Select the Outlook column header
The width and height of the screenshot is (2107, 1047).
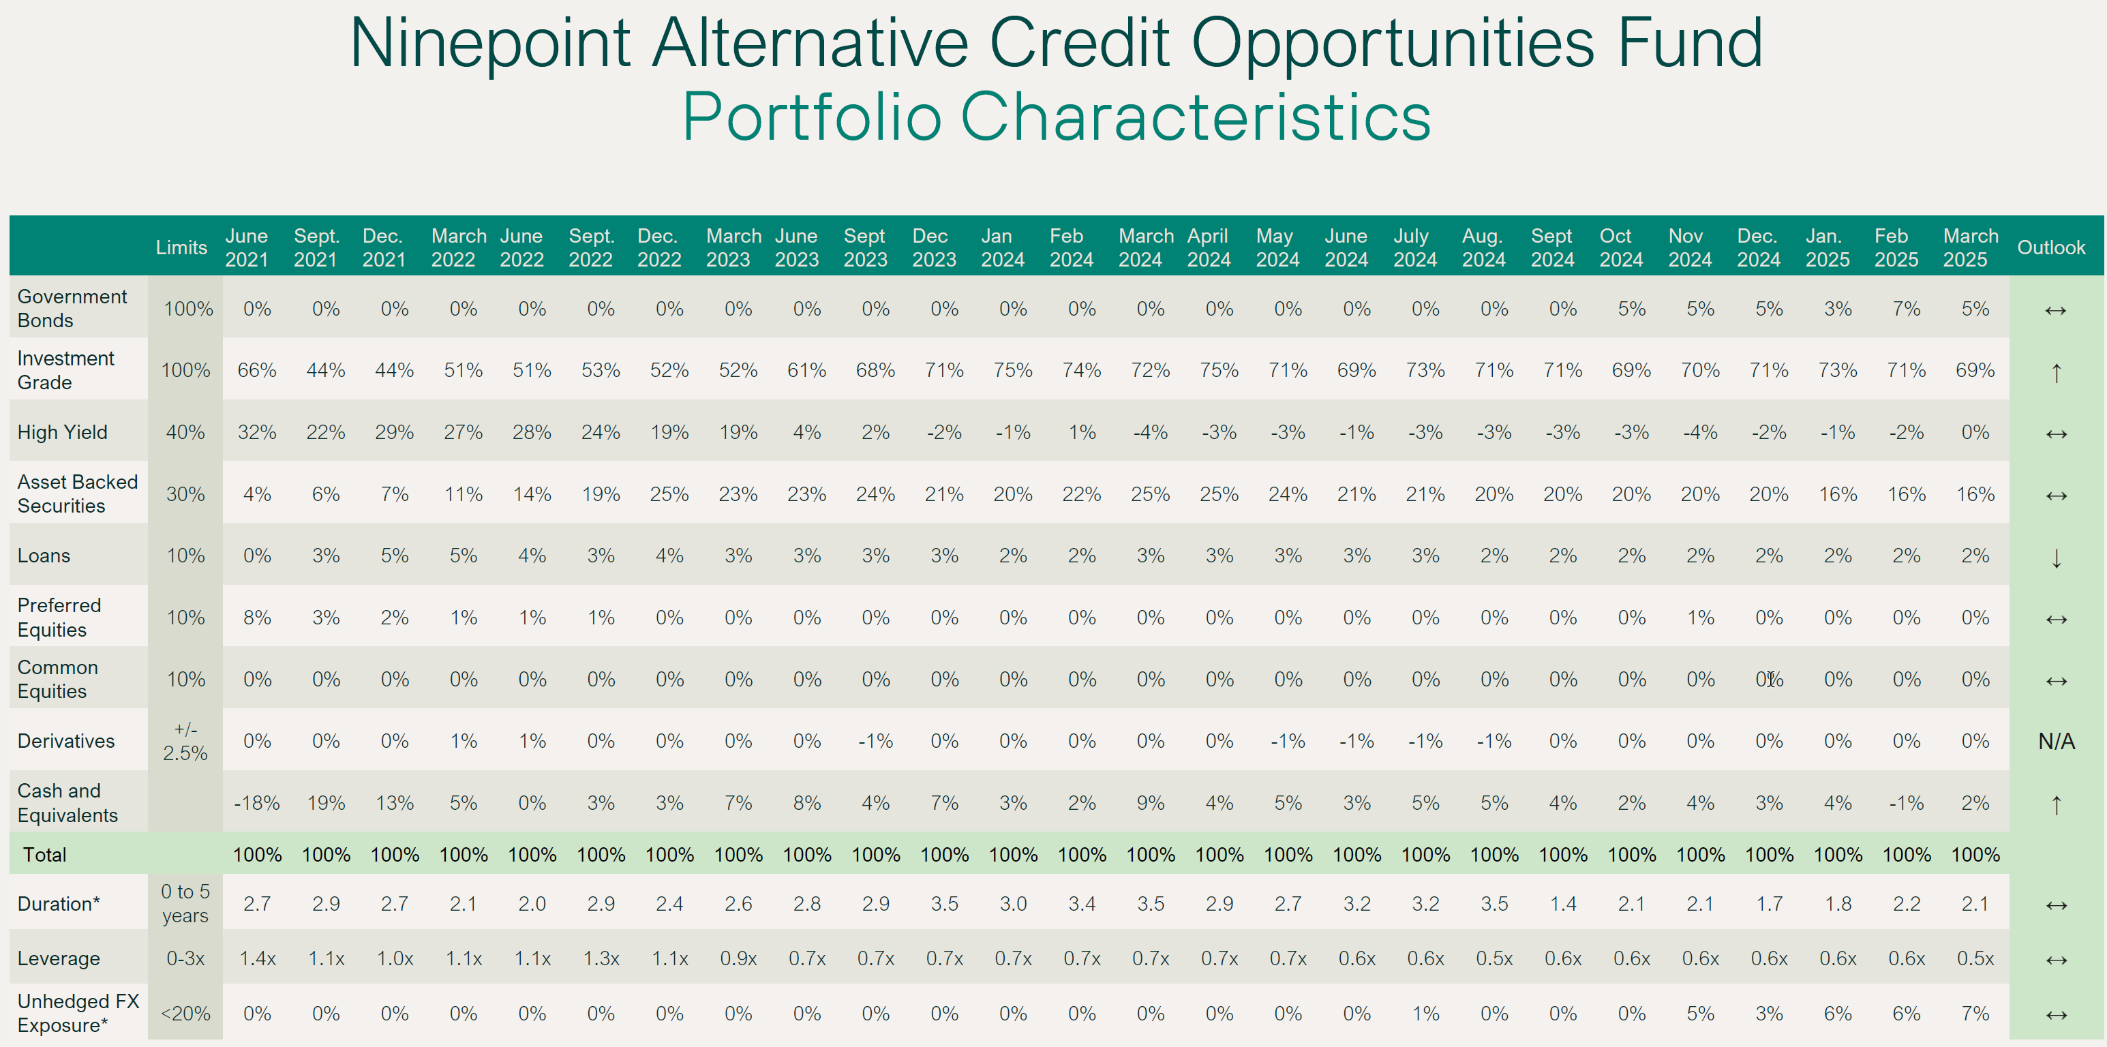[x=2050, y=247]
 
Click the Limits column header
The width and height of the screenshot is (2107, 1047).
[x=181, y=247]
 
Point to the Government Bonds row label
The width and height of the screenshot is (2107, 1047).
[x=72, y=308]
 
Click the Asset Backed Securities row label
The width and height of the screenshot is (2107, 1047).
[x=77, y=494]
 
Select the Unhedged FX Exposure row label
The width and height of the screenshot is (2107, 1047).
[x=78, y=1013]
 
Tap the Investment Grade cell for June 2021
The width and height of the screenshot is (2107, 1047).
[x=257, y=371]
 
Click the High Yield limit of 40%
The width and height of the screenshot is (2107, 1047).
[x=185, y=432]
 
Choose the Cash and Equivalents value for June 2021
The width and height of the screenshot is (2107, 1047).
[x=257, y=803]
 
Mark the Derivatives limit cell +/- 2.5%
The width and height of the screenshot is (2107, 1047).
[x=185, y=741]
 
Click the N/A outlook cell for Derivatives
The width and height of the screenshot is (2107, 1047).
[x=2055, y=741]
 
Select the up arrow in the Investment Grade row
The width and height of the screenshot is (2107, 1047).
[x=2055, y=373]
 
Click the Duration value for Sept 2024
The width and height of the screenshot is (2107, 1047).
[x=1562, y=904]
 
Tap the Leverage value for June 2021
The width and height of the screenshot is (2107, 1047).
[x=257, y=958]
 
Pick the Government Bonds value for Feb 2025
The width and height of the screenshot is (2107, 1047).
[x=1906, y=308]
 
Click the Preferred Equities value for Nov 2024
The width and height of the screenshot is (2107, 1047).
[x=1699, y=618]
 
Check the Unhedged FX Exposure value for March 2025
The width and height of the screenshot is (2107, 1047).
[x=1975, y=1014]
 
